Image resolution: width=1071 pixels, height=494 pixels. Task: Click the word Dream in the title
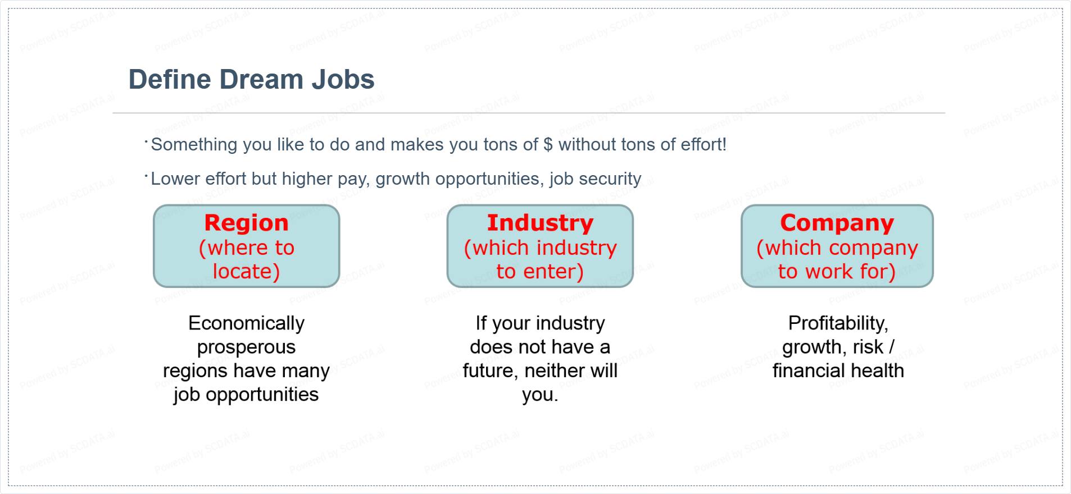tap(261, 79)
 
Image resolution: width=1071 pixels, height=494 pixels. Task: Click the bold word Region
tap(246, 223)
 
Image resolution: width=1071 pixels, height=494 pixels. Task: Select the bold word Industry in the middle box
tap(540, 223)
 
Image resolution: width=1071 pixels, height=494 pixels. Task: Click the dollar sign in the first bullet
tap(548, 145)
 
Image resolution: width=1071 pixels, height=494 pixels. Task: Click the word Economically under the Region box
tap(246, 324)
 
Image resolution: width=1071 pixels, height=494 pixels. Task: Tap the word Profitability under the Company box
tap(838, 324)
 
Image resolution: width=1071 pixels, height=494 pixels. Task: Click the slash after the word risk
tap(891, 347)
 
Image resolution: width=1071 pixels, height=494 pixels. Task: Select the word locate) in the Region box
tap(246, 272)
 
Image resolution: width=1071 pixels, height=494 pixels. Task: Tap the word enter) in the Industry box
tap(553, 272)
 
